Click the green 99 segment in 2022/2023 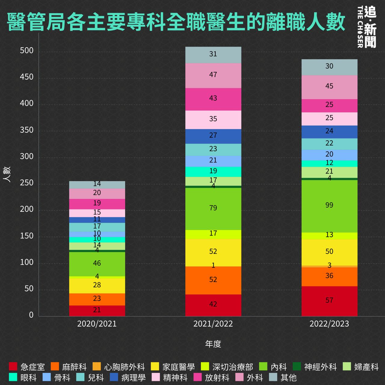tap(329, 206)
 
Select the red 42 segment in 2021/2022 tap(213, 305)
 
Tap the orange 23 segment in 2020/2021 tap(97, 299)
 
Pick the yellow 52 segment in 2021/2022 tap(213, 252)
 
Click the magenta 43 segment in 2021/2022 tap(213, 99)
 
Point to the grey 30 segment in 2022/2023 tap(329, 67)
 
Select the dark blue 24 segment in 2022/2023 tap(329, 132)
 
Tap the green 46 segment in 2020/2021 tap(97, 264)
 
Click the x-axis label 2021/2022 tap(213, 324)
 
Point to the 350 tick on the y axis tap(27, 130)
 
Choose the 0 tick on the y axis tap(31, 315)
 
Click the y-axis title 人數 tap(8, 174)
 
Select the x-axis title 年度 tap(213, 344)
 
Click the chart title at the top tap(176, 22)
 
